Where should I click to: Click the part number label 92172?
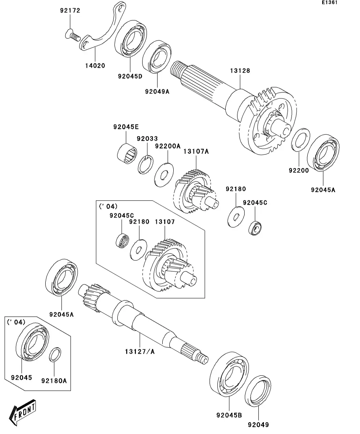click(x=70, y=11)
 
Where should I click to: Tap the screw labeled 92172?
click(x=72, y=35)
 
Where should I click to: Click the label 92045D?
click(x=130, y=76)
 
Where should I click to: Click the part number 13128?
click(x=240, y=70)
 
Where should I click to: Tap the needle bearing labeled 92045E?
click(x=127, y=153)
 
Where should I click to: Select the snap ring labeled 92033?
click(x=145, y=165)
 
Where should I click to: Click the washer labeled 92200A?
click(x=164, y=175)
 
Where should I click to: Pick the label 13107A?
click(x=196, y=151)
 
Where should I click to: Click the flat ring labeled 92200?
click(x=301, y=140)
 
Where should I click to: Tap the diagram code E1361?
click(x=330, y=2)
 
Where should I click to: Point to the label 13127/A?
click(x=140, y=351)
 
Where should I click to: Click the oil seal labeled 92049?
click(x=258, y=391)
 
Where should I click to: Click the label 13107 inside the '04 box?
click(x=165, y=222)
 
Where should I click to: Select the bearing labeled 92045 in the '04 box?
click(x=32, y=342)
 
